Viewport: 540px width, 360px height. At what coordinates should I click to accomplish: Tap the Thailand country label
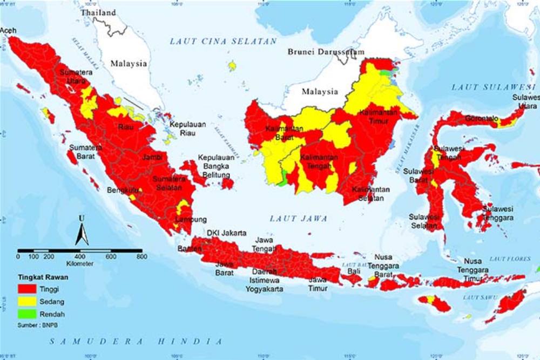pyautogui.click(x=98, y=12)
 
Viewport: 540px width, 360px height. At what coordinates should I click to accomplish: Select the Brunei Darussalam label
pyautogui.click(x=326, y=52)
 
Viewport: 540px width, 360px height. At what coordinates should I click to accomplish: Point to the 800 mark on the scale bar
pyautogui.click(x=141, y=257)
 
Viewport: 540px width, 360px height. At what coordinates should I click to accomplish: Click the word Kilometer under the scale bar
pyautogui.click(x=79, y=264)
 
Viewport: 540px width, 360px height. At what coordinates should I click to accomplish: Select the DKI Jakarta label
pyautogui.click(x=227, y=233)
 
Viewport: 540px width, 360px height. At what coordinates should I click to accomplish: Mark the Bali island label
pyautogui.click(x=354, y=271)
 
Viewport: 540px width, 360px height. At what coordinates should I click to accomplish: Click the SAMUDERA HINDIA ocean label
pyautogui.click(x=136, y=342)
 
